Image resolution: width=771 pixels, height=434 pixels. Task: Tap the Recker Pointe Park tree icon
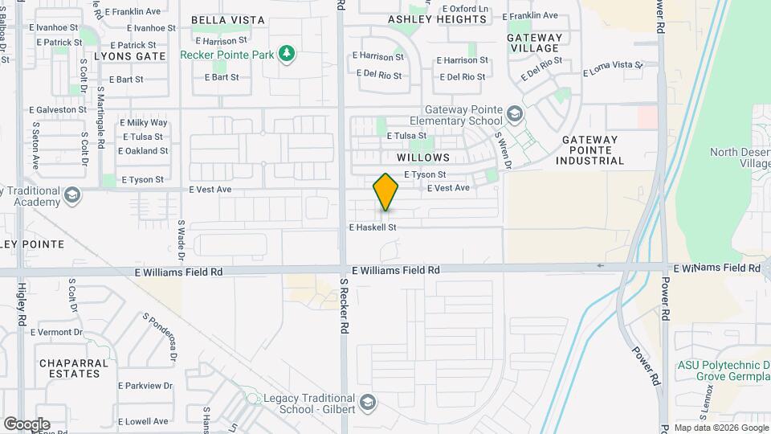pos(287,54)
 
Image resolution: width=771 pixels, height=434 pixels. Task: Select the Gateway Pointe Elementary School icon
pos(514,113)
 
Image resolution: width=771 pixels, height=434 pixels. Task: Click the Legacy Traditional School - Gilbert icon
pos(368,402)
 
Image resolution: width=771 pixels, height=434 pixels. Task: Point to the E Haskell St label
pos(373,227)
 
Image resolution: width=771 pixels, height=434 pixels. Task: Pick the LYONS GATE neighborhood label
pos(130,56)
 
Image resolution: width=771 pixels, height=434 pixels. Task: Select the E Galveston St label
pos(58,109)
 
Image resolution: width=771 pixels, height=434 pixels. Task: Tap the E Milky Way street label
pos(145,123)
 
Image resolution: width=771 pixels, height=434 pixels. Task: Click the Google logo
pos(27,424)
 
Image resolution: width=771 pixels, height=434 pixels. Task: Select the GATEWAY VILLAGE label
pos(536,43)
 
